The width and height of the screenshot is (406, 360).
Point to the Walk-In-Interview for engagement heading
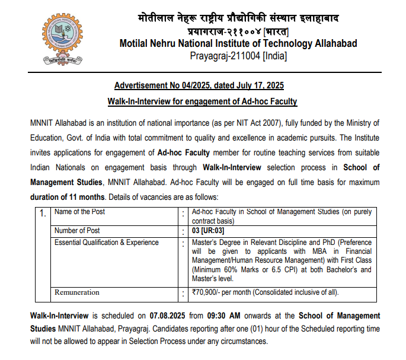coord(202,101)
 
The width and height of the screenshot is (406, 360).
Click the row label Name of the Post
coord(79,212)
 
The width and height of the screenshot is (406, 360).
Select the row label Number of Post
coord(77,230)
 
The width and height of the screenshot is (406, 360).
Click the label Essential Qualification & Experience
coord(107,242)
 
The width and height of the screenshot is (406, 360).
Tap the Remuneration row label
coord(77,292)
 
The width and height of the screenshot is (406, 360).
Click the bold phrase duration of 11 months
coord(66,196)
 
